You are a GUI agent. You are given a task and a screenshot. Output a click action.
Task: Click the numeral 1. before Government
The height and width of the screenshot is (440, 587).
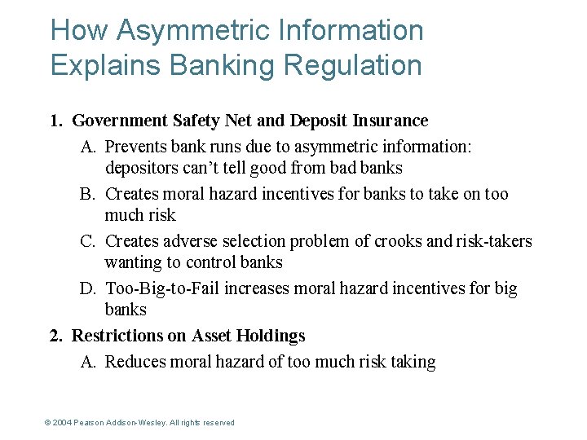tap(56, 121)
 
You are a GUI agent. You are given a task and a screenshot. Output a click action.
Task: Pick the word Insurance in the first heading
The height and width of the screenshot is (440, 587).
tap(390, 121)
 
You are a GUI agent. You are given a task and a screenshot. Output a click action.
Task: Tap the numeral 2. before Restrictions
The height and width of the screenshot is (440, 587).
tap(56, 336)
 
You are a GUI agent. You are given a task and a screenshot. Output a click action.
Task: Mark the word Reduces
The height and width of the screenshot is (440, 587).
tap(135, 363)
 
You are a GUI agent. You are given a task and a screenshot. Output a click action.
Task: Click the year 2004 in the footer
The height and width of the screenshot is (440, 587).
tap(63, 423)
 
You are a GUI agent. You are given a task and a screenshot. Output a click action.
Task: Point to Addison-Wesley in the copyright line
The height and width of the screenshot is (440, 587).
tap(134, 423)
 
